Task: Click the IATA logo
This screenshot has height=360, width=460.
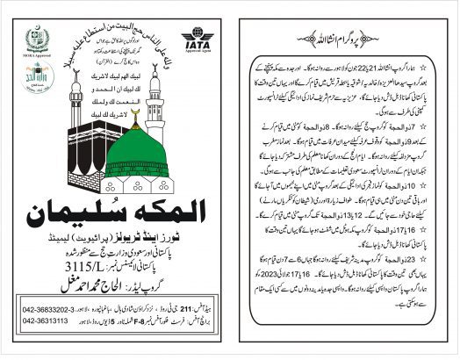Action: (199, 43)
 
